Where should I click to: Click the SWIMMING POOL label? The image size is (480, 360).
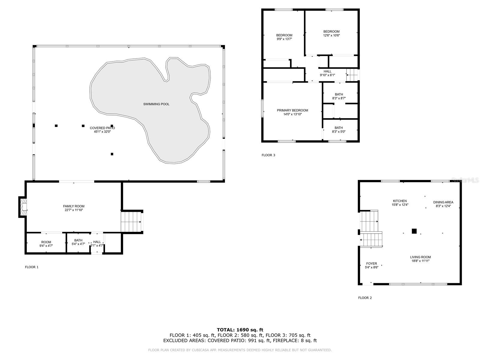click(x=156, y=104)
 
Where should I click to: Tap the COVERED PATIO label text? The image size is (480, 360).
click(x=102, y=128)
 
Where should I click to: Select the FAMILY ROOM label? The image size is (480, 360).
click(x=74, y=206)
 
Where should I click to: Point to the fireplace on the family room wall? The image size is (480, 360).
click(x=23, y=207)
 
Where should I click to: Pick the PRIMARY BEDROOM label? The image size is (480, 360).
click(x=292, y=110)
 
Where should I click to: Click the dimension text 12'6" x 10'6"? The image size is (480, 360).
click(x=331, y=35)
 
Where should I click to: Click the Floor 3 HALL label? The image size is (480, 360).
click(x=327, y=71)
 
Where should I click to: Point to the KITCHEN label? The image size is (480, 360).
click(x=400, y=201)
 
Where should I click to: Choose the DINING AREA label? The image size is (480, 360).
click(x=443, y=202)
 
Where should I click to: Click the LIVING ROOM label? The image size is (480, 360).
click(x=420, y=257)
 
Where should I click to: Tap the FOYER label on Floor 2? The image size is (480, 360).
click(x=371, y=264)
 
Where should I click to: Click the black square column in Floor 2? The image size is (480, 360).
click(x=414, y=231)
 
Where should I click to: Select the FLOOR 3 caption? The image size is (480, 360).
click(x=268, y=155)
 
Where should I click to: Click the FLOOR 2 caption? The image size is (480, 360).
click(x=365, y=298)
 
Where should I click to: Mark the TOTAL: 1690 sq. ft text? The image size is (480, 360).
click(x=240, y=330)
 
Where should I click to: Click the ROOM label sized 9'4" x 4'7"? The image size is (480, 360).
click(x=46, y=242)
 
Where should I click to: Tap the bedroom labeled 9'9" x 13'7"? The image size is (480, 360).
click(x=284, y=35)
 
